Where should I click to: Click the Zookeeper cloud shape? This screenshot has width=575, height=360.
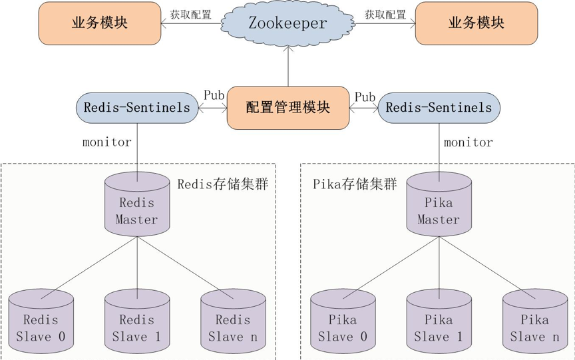point(287,23)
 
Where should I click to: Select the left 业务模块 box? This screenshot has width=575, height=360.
point(100,23)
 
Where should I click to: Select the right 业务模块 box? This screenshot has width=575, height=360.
point(476,23)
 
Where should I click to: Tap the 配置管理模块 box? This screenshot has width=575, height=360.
point(287,107)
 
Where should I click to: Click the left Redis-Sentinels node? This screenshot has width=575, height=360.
point(137,107)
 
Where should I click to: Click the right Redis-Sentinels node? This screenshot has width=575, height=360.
point(439,107)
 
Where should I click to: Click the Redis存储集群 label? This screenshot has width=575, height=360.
point(222,184)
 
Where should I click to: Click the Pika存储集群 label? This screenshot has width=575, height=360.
point(355,184)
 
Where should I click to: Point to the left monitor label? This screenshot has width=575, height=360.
point(107,142)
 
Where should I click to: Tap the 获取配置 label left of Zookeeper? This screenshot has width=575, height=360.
point(190,14)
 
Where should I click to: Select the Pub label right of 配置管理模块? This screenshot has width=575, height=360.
point(365,97)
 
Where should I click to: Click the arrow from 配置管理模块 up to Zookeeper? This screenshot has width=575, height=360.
point(287,67)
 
